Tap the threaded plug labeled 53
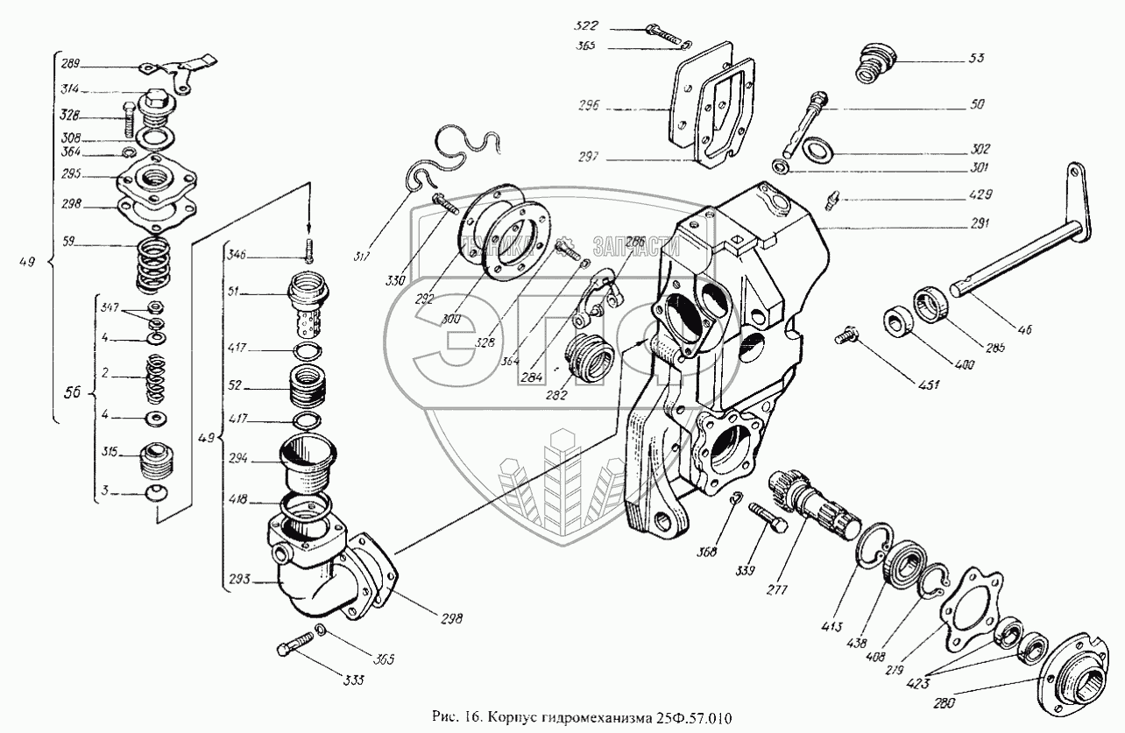coord(871,62)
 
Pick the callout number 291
coord(977,224)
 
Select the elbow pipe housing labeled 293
coord(324,574)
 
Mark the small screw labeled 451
coord(848,334)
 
